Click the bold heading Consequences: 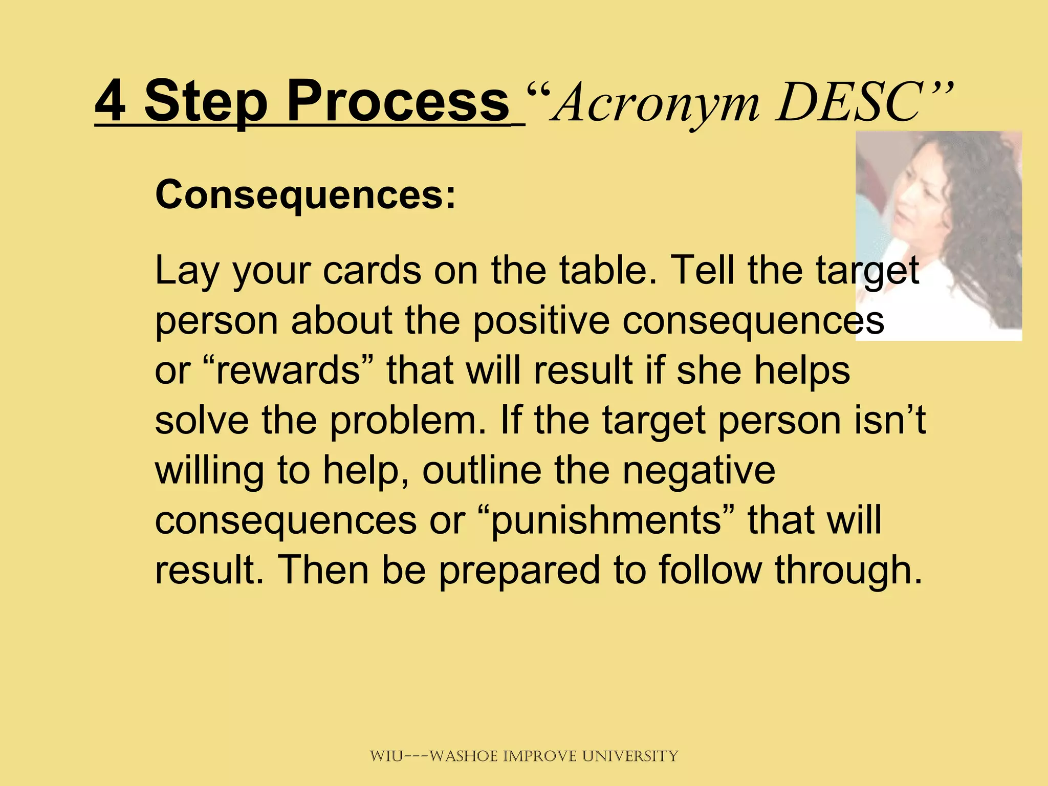coord(305,195)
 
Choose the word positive coord(541,320)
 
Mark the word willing coord(210,471)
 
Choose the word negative coord(698,471)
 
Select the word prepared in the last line coord(519,571)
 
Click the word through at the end coord(847,571)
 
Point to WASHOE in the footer coord(464,756)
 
